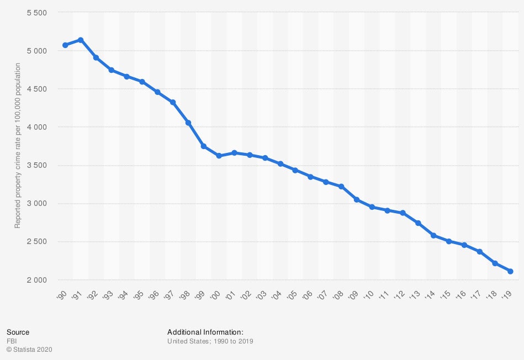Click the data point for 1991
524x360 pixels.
[x=80, y=40]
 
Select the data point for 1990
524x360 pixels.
[x=65, y=45]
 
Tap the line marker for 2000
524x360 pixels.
[x=219, y=156]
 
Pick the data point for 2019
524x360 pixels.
[x=510, y=271]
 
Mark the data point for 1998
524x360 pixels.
[x=188, y=123]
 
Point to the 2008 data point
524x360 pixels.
[x=341, y=187]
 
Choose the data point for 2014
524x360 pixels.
[x=433, y=235]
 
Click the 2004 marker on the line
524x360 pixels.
[x=280, y=163]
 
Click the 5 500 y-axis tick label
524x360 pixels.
[x=37, y=13]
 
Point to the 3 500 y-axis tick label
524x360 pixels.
[x=37, y=166]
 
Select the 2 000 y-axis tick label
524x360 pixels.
[x=37, y=280]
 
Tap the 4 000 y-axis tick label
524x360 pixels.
[x=37, y=127]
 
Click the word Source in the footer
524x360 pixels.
[x=18, y=332]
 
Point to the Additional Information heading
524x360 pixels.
[x=205, y=332]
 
